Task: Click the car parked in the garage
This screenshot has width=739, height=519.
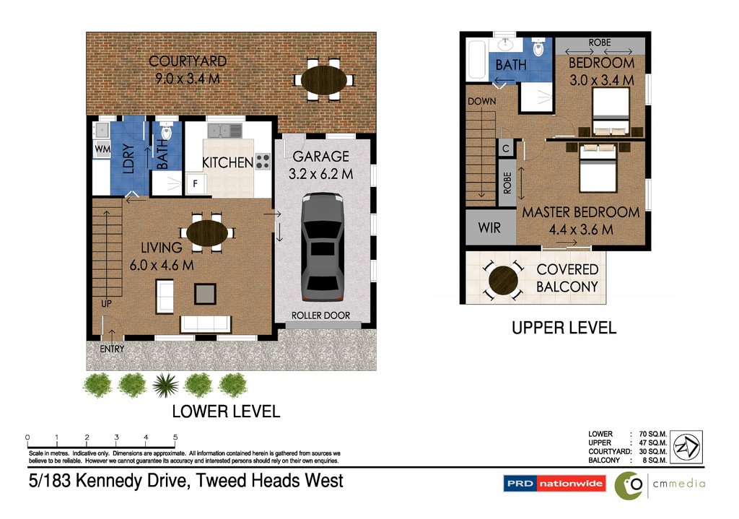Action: tap(323, 247)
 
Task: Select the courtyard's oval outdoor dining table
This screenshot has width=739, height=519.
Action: tap(323, 77)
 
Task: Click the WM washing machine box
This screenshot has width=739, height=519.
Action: tap(101, 149)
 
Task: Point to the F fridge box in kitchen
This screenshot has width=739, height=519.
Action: tap(194, 184)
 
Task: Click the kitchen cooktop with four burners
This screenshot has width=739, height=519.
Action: tap(263, 162)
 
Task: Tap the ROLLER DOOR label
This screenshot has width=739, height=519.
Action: tap(321, 315)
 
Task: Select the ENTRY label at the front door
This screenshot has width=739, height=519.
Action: tap(112, 349)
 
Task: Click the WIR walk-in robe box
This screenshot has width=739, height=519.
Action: tap(489, 227)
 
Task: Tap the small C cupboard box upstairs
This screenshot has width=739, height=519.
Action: tap(505, 149)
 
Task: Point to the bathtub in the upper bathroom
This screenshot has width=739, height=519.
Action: tap(476, 61)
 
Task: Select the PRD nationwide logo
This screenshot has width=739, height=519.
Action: tap(554, 484)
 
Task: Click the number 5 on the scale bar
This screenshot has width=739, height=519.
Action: tap(175, 437)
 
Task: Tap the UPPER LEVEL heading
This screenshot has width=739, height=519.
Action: tap(564, 328)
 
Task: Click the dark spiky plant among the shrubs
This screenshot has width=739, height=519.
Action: tap(166, 385)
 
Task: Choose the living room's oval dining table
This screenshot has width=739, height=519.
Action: tap(207, 233)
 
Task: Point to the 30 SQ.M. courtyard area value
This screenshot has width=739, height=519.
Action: tap(652, 451)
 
